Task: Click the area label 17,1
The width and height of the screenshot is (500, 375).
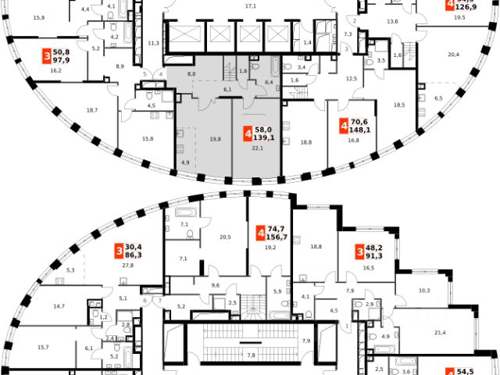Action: pyautogui.click(x=251, y=5)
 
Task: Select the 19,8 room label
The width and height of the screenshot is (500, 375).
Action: pyautogui.click(x=193, y=139)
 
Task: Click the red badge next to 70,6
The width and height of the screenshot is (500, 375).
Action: pyautogui.click(x=345, y=124)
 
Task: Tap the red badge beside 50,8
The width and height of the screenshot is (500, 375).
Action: pyautogui.click(x=47, y=55)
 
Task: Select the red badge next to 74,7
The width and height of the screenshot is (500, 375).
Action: pyautogui.click(x=260, y=233)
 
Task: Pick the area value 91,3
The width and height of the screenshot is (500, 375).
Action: pyautogui.click(x=377, y=255)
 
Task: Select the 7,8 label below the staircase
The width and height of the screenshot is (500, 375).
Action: pyautogui.click(x=251, y=355)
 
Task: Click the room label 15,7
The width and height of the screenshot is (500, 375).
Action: pyautogui.click(x=43, y=347)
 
